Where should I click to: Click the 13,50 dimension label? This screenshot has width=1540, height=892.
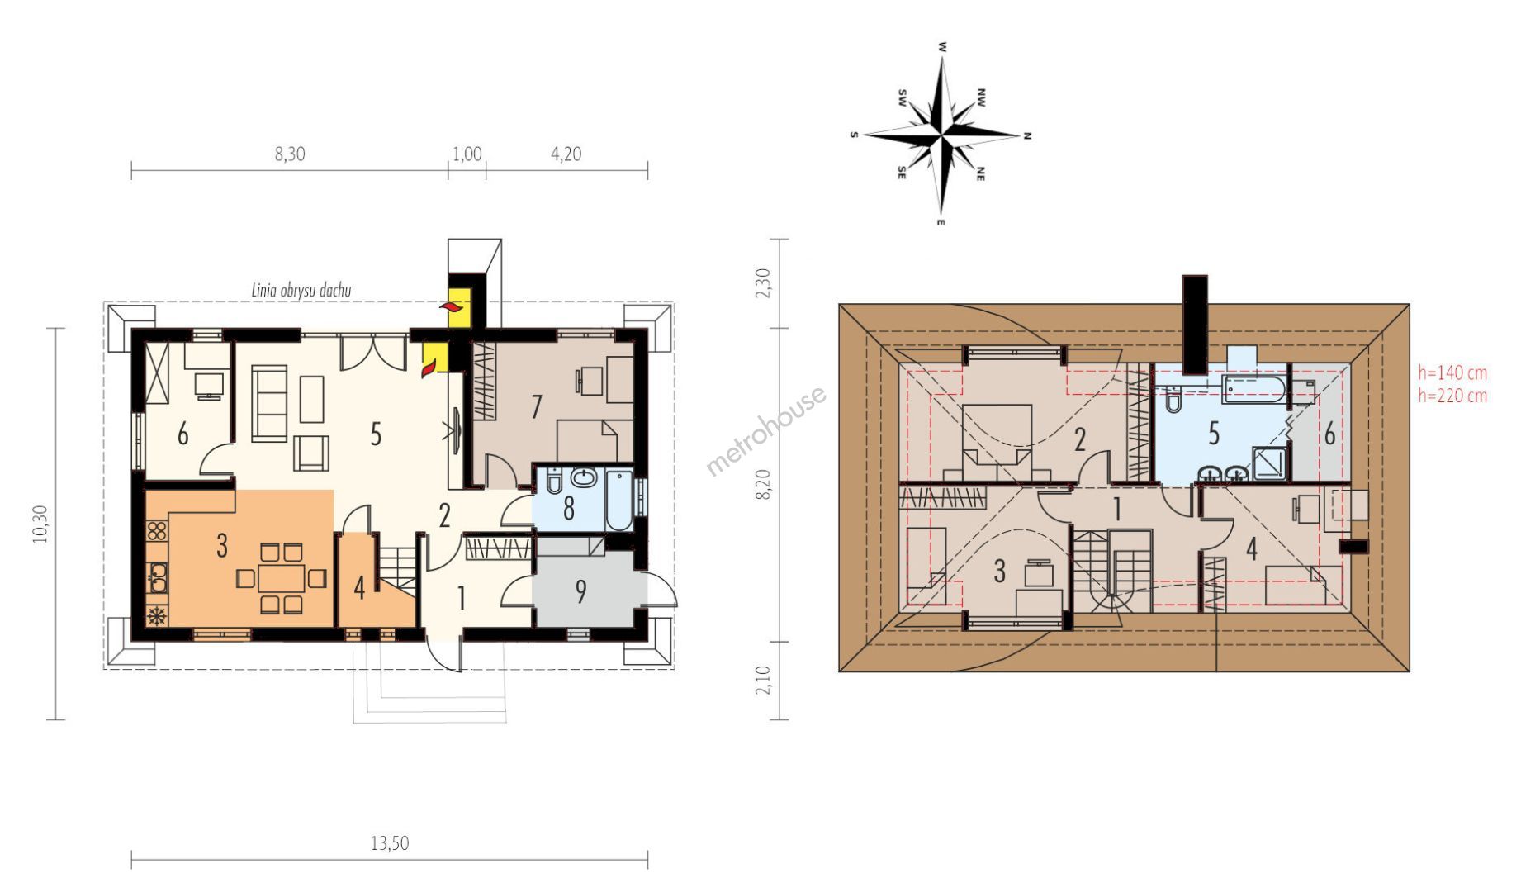point(389,843)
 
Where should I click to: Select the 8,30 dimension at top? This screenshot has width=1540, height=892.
point(290,154)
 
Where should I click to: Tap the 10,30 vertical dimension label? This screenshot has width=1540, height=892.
point(40,524)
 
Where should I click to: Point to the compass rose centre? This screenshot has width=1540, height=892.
point(941,132)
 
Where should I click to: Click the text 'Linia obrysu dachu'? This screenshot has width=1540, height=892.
point(301,290)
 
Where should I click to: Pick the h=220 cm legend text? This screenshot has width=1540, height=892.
point(1452,396)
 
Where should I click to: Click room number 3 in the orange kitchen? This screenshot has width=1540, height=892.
point(222,545)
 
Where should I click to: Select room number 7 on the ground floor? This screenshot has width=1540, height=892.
point(537,406)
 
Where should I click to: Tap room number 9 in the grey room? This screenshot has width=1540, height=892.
point(581,591)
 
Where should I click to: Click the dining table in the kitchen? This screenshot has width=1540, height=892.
point(282,577)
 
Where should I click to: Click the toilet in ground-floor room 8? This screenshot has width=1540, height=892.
point(554,480)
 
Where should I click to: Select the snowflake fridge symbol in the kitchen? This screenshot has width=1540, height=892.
point(156,615)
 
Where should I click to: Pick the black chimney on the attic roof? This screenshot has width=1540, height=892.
point(1195,325)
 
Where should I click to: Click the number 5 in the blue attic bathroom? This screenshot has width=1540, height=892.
point(1214,434)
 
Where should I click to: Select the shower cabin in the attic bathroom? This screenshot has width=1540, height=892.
point(1269,463)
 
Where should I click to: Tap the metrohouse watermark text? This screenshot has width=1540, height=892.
point(765,430)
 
